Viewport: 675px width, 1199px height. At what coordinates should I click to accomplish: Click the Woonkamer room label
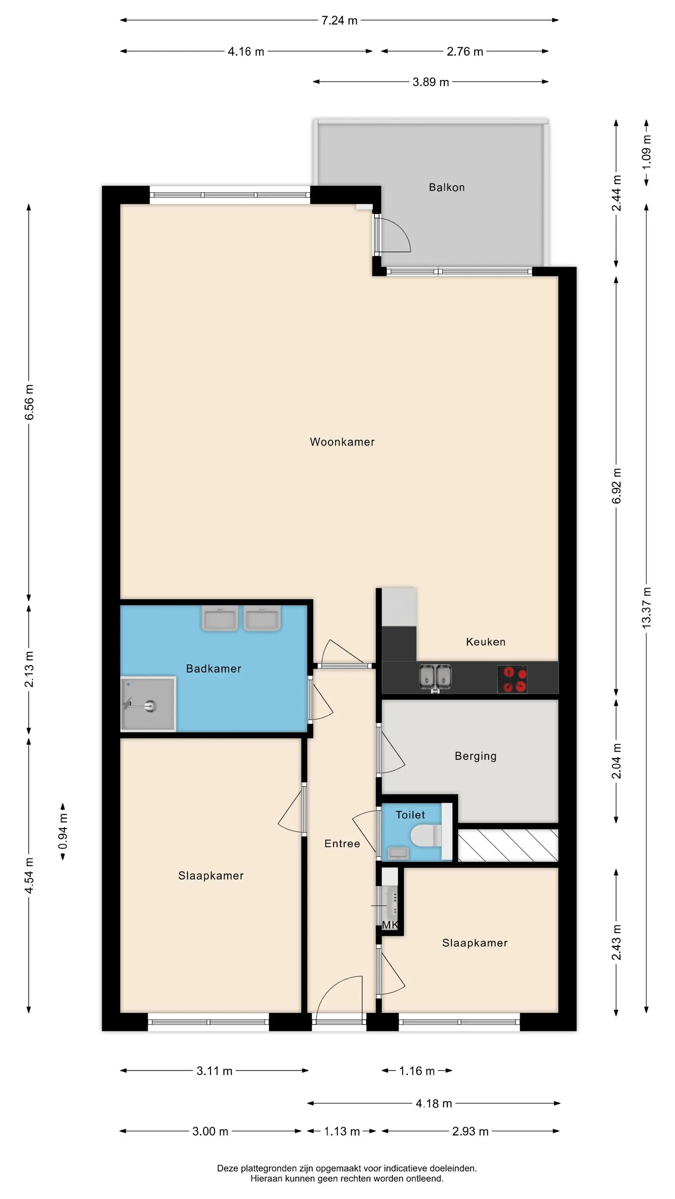[x=342, y=442]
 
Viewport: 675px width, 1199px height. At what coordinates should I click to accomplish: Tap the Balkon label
[x=447, y=187]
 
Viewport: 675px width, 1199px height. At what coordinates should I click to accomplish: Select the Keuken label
[x=485, y=642]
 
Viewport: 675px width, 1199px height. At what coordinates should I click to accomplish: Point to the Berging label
[x=475, y=756]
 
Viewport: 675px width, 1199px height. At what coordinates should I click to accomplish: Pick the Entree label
[x=342, y=843]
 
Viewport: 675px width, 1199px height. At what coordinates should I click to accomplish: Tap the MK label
[x=390, y=924]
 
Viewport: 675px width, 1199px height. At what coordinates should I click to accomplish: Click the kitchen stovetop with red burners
[x=512, y=679]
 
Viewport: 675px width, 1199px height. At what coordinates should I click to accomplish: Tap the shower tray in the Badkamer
[x=148, y=704]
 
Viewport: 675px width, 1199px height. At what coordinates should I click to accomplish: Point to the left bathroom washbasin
[x=220, y=618]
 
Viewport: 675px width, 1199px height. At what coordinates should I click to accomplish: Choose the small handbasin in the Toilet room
[x=398, y=853]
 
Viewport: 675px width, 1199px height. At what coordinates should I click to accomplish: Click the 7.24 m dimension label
[x=339, y=20]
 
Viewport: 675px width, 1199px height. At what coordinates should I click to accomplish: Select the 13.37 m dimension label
[x=647, y=608]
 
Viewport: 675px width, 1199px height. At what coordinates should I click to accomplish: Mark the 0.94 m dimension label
[x=63, y=831]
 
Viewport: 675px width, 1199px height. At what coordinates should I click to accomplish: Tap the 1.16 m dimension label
[x=417, y=1071]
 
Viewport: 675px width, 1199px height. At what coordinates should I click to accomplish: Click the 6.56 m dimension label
[x=29, y=402]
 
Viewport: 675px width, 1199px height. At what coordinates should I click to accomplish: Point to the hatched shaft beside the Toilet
[x=508, y=845]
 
